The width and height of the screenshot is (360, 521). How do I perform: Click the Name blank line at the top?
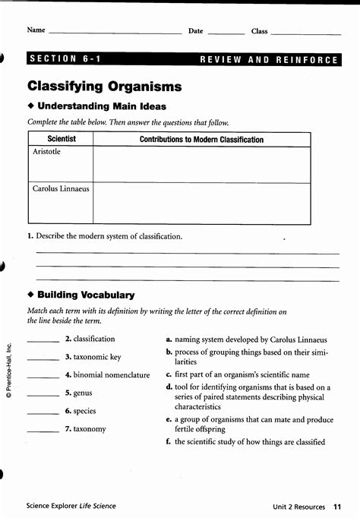click(x=114, y=33)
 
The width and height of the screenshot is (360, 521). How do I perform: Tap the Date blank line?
click(x=226, y=33)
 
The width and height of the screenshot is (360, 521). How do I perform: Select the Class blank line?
click(x=305, y=33)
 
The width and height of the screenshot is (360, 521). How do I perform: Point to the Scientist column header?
click(x=62, y=140)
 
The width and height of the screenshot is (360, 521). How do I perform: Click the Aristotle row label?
click(x=47, y=152)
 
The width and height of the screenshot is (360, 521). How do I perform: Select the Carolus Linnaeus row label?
click(x=61, y=188)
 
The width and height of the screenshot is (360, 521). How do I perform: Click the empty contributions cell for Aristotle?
click(x=201, y=165)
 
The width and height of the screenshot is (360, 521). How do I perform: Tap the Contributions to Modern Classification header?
click(x=201, y=140)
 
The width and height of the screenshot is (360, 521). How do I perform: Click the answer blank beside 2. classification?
click(x=43, y=341)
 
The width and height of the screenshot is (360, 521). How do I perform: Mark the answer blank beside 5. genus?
click(x=43, y=395)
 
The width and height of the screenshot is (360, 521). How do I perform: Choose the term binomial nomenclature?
click(x=112, y=375)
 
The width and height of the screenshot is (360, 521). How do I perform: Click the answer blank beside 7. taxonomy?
click(x=43, y=431)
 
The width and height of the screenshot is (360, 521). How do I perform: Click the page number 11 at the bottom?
click(x=336, y=506)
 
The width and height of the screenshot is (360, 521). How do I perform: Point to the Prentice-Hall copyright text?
click(x=10, y=371)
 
